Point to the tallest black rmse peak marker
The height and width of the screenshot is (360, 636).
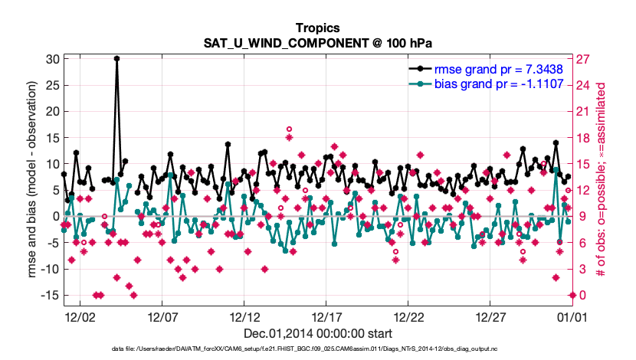pos(116,58)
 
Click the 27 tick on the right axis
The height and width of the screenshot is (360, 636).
pos(582,59)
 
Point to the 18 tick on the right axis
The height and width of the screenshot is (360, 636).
pos(582,138)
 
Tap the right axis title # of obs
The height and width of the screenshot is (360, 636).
pos(605,180)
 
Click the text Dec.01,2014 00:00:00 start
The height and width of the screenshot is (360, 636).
pos(318,333)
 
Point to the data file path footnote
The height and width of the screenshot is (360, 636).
pos(318,349)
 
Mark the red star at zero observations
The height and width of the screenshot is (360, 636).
pos(572,295)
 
